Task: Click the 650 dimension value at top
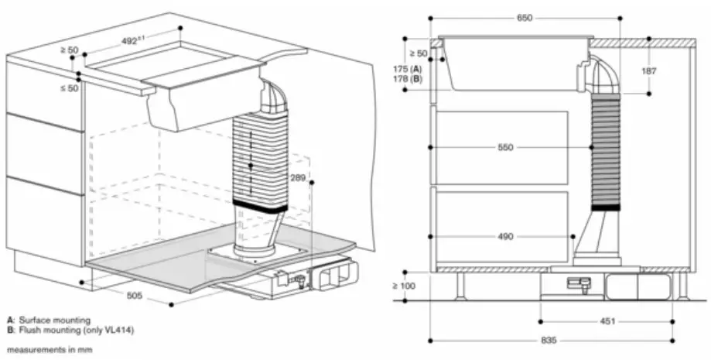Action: click(525, 19)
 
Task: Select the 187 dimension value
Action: click(648, 70)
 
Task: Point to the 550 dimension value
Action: click(505, 146)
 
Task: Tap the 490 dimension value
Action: click(505, 236)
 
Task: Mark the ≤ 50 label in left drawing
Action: click(70, 88)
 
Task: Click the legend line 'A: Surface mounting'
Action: click(48, 319)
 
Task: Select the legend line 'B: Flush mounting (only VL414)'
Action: click(70, 330)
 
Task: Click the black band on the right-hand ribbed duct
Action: click(605, 207)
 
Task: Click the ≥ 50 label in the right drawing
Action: click(417, 53)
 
